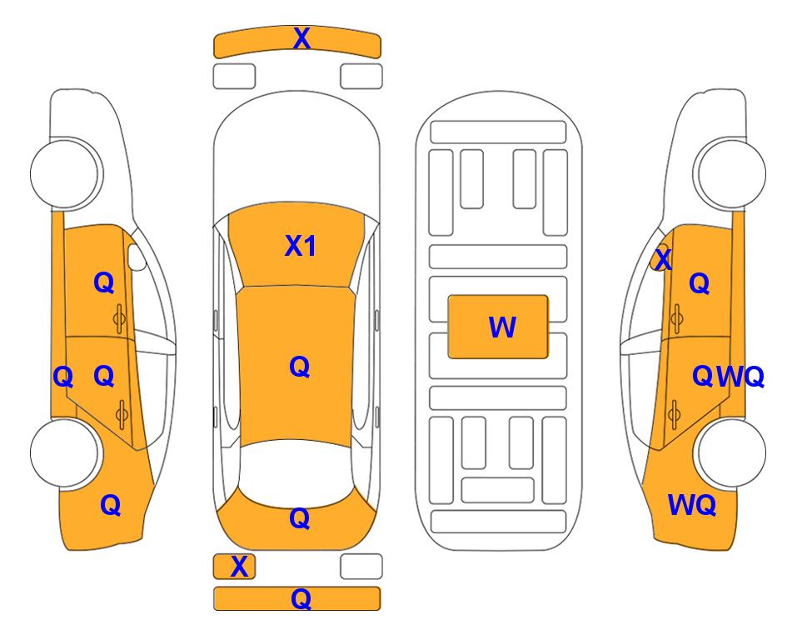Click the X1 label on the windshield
(301, 246)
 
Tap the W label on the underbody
(502, 327)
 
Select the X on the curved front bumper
(301, 37)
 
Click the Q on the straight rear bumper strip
(301, 598)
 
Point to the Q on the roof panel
(300, 367)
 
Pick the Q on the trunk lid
(300, 518)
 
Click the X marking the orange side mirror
(663, 259)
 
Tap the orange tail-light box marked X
(234, 567)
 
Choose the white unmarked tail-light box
(361, 567)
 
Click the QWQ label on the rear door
(729, 377)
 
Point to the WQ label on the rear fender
(692, 505)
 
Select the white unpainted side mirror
(136, 257)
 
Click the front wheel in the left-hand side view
(65, 173)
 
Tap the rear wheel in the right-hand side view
(730, 452)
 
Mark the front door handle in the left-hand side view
(120, 318)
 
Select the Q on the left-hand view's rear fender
(111, 506)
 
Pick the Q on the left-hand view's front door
(104, 282)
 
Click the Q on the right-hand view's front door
(700, 283)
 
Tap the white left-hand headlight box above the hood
(234, 77)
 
